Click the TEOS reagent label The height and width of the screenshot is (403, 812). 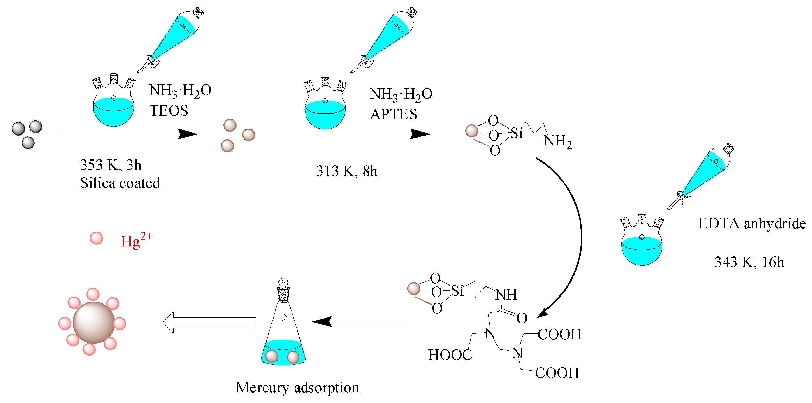pyautogui.click(x=169, y=111)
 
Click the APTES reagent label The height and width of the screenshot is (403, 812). pyautogui.click(x=393, y=114)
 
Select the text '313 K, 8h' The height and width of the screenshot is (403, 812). pyautogui.click(x=346, y=171)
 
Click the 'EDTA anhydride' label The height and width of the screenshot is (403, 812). pyautogui.click(x=752, y=224)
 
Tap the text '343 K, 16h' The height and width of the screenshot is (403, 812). pyautogui.click(x=749, y=262)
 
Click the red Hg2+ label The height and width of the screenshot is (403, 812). pyautogui.click(x=136, y=241)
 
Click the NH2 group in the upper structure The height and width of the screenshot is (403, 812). pyautogui.click(x=557, y=141)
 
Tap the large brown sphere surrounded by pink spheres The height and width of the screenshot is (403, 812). pyautogui.click(x=94, y=322)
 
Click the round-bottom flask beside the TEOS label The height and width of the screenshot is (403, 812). pyautogui.click(x=114, y=104)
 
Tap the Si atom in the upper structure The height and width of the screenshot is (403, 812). pyautogui.click(x=516, y=133)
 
